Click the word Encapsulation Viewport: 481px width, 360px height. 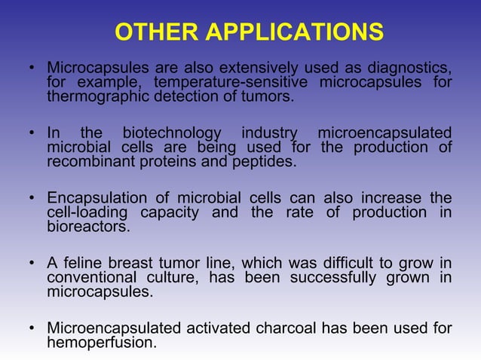tap(97, 198)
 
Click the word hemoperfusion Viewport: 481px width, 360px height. tap(101, 342)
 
